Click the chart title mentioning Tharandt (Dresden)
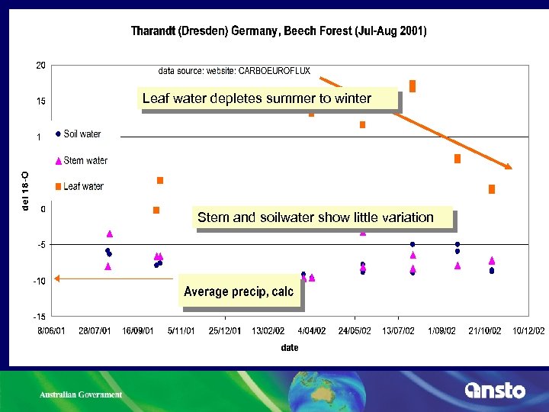click(279, 31)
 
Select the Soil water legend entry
click(82, 134)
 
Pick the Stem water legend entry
click(85, 161)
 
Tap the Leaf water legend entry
click(83, 186)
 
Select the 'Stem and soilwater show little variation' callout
click(315, 217)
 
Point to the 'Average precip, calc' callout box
click(239, 291)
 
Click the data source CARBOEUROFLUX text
click(234, 71)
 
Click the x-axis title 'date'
click(289, 347)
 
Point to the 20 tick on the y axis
click(41, 66)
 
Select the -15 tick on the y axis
click(38, 316)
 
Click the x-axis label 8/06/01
click(53, 331)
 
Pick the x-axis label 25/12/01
click(225, 331)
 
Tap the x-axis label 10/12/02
click(528, 331)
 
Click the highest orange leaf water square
click(413, 85)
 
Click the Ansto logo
click(495, 391)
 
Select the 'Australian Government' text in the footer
click(81, 394)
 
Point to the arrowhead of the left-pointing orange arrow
click(58, 279)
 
